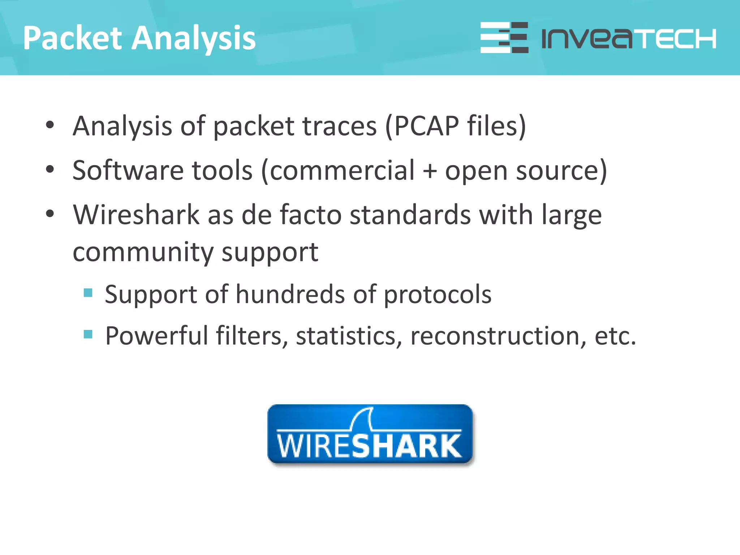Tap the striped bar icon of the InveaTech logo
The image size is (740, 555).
pyautogui.click(x=504, y=38)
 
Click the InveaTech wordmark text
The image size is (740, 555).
pyautogui.click(x=629, y=38)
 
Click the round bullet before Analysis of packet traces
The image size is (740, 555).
pyautogui.click(x=50, y=125)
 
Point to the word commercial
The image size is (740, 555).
pyautogui.click(x=342, y=170)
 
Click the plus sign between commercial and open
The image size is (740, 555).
pyautogui.click(x=430, y=171)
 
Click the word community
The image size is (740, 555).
pyautogui.click(x=143, y=253)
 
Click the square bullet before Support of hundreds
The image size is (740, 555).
pyautogui.click(x=88, y=292)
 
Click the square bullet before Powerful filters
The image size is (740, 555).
pyautogui.click(x=88, y=334)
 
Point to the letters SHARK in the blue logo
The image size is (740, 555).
pyautogui.click(x=406, y=446)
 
